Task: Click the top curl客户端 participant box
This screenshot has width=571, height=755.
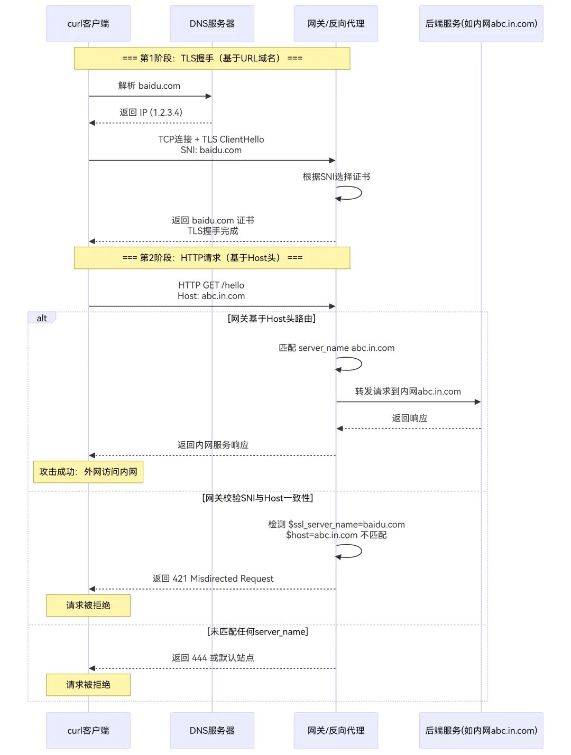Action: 88,24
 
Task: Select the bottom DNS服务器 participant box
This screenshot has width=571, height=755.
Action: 212,730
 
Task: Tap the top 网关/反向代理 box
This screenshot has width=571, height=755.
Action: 336,24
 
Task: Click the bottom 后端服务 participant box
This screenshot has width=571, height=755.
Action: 481,730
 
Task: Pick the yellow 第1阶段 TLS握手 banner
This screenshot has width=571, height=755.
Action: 212,58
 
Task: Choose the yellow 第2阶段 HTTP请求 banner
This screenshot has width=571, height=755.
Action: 212,258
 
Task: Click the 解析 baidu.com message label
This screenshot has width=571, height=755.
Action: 149,86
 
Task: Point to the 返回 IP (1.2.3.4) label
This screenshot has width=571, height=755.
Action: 151,113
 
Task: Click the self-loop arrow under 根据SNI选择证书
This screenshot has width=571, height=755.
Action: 350,193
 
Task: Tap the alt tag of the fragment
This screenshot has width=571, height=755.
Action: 42,318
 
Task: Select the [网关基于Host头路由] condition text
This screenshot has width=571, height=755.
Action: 272,319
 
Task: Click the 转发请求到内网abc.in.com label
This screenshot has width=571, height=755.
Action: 408,392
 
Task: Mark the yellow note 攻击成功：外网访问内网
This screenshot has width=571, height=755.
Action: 88,472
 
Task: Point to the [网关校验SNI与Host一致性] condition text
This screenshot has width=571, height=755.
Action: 257,498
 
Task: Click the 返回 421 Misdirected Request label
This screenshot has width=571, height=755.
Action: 213,579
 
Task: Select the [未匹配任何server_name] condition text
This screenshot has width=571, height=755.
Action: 257,632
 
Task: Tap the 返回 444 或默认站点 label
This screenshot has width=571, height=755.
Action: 213,658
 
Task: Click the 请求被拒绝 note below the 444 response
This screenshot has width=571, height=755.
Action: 88,685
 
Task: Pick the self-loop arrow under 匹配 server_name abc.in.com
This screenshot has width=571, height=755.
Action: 350,364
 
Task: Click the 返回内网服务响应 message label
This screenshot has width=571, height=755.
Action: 213,445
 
